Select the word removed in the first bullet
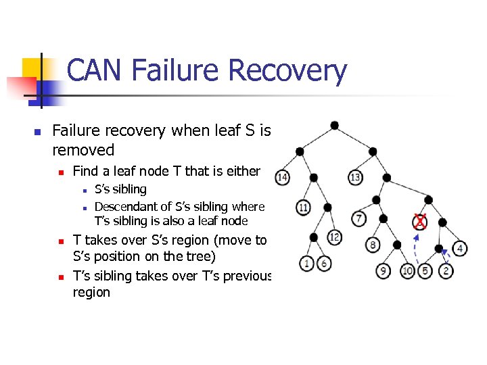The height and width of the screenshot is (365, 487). coord(83,149)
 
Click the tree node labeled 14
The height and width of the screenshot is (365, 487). coord(283,178)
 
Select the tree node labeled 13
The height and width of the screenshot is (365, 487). coord(355,177)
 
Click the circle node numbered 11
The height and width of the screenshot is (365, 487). coord(303,207)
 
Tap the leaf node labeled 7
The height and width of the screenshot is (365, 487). coord(359,218)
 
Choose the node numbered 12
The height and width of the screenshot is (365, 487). coord(333,237)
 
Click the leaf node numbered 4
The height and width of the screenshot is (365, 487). coord(460,248)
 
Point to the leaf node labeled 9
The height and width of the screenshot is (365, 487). coord(384,271)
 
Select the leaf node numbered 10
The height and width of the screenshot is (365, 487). coord(407,271)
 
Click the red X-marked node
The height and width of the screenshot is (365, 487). coord(420,221)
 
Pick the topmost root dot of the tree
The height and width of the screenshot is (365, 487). coord(334,125)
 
